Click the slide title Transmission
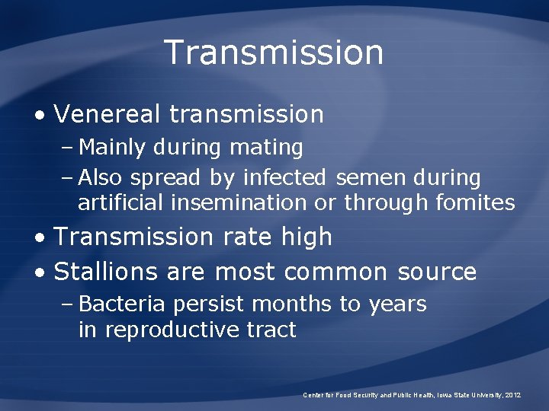(x=274, y=53)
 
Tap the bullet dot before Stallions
(x=40, y=272)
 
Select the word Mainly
(x=111, y=147)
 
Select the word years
(x=397, y=304)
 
